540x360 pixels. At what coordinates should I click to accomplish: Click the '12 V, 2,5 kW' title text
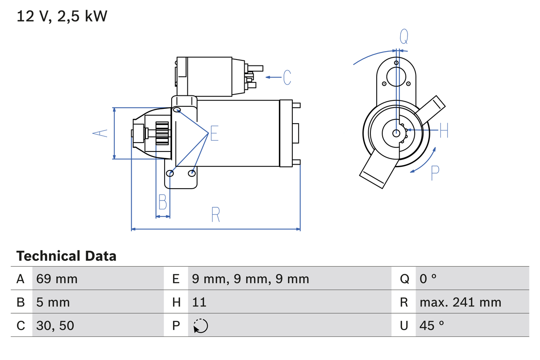pos(62,16)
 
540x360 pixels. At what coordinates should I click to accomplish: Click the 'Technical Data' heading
pos(66,256)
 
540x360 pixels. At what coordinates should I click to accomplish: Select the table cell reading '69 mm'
pos(57,279)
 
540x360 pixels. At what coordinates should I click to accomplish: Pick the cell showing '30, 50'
pos(55,325)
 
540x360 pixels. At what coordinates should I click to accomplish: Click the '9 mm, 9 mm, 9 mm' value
pos(250,279)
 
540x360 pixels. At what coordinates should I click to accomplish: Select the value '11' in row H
pos(199,302)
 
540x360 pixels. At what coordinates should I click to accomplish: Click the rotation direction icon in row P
pos(200,326)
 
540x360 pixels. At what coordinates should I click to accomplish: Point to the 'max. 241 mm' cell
pos(460,302)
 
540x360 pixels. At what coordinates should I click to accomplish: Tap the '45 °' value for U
pos(432,325)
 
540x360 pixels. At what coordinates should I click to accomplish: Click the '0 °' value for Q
pos(428,279)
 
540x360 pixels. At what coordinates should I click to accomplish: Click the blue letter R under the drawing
pos(216,215)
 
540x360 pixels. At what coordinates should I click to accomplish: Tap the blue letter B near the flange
pos(162,202)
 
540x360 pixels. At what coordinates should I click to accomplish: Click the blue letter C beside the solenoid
pos(287,78)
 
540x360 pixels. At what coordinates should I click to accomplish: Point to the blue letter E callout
pos(214,133)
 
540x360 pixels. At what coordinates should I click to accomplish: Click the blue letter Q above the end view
pos(404,37)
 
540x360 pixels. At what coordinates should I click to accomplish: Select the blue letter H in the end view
pos(443,130)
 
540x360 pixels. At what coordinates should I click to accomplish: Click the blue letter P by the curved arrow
pos(435,173)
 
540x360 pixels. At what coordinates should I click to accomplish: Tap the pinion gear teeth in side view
pos(162,133)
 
